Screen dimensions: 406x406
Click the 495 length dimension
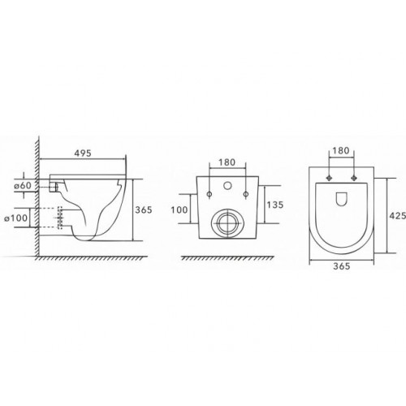coord(83,153)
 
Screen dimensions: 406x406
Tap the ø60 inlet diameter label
coord(24,186)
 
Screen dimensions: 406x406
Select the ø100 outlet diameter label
coord(16,218)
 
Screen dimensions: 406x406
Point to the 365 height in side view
coord(144,209)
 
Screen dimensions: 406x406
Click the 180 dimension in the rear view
coord(227,162)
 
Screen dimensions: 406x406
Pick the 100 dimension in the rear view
coord(179,209)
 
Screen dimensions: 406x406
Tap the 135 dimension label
coord(275,205)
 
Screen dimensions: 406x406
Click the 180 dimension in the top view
coord(341,150)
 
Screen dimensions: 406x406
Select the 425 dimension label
coord(397,215)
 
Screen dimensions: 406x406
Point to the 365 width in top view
coord(342,266)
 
